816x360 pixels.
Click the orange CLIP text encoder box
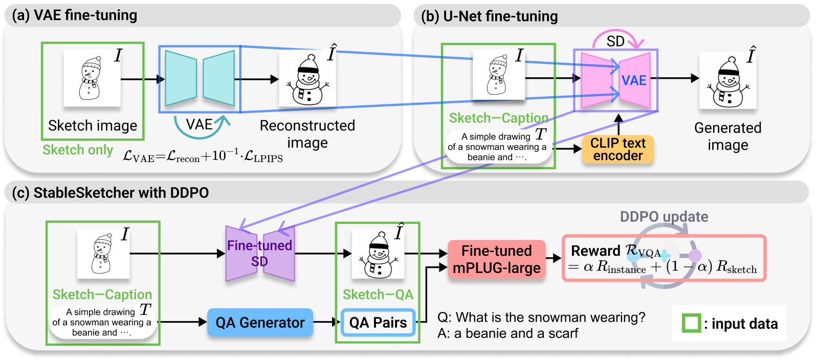pos(617,149)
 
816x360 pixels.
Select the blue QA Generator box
pos(260,323)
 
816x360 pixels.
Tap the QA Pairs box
pos(378,323)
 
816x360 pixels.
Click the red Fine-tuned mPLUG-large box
pos(496,259)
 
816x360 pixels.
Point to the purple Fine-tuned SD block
pos(260,254)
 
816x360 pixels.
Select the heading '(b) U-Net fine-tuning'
pos(489,16)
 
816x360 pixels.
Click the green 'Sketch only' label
pos(78,150)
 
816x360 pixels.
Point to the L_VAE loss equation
pos(203,156)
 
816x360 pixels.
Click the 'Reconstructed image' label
pos(307,133)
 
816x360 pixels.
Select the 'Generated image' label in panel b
pos(727,136)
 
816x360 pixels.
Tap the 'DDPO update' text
pos(664,217)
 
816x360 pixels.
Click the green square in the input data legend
pos(691,323)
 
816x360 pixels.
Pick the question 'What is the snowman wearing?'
pos(541,318)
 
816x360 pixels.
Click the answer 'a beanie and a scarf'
pos(508,333)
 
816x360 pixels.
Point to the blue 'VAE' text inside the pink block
pos(634,80)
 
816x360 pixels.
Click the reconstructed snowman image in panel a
pos(307,80)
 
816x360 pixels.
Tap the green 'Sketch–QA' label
pos(378,295)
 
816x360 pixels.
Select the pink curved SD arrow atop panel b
pos(615,39)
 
